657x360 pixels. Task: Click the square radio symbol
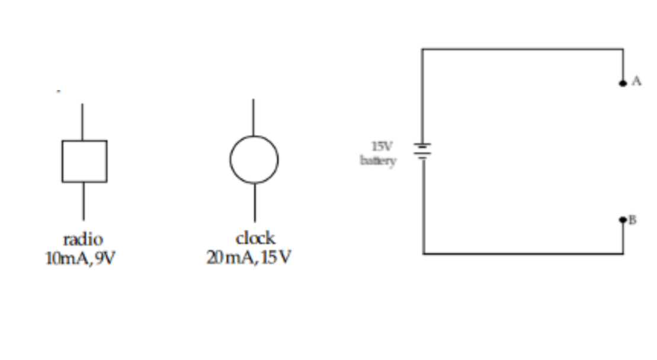[x=84, y=161]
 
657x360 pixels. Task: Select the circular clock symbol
[x=254, y=159]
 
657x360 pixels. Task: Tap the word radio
[x=83, y=240]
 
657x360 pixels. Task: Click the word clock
[x=255, y=238]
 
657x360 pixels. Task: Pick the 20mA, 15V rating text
[x=249, y=258]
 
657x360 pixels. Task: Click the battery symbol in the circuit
[x=423, y=151]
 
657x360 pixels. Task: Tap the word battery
[x=378, y=160]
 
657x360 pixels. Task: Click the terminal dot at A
[x=622, y=83]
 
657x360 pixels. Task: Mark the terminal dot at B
[x=622, y=220]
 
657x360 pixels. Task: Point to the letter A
[x=636, y=82]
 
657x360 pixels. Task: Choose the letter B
[x=632, y=220]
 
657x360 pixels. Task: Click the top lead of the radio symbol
[x=82, y=122]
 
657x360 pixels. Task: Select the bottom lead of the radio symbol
[x=84, y=201]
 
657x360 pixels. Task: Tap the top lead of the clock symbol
[x=254, y=117]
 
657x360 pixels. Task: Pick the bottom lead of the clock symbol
[x=255, y=202]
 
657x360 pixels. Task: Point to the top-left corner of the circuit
[x=422, y=49]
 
